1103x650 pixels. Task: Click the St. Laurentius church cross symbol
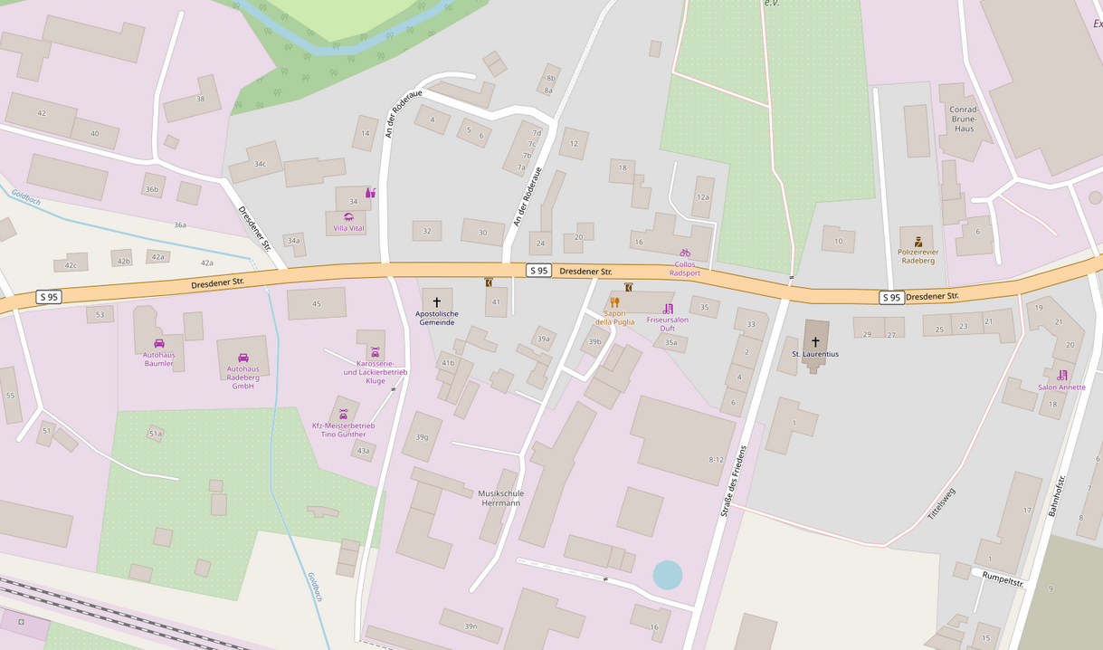click(815, 341)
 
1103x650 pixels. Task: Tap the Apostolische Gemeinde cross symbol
click(436, 301)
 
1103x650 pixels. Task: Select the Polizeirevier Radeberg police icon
click(918, 242)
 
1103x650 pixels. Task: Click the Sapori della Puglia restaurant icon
click(614, 302)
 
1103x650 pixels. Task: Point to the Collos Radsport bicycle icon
click(685, 253)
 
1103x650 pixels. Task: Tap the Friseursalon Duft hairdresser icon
click(668, 309)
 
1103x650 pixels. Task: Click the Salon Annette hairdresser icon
click(1061, 375)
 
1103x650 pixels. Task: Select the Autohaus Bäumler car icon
click(159, 343)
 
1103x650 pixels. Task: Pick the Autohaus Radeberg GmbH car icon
click(242, 358)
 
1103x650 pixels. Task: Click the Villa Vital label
click(348, 228)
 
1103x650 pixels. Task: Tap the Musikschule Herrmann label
click(500, 498)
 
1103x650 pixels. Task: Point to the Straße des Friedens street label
click(734, 482)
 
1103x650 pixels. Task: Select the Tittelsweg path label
click(941, 503)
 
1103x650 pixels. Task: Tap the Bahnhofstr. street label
click(1058, 495)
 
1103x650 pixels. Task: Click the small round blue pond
click(668, 575)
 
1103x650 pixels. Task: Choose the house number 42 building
click(41, 113)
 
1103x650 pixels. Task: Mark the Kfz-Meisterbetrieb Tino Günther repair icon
click(343, 414)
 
